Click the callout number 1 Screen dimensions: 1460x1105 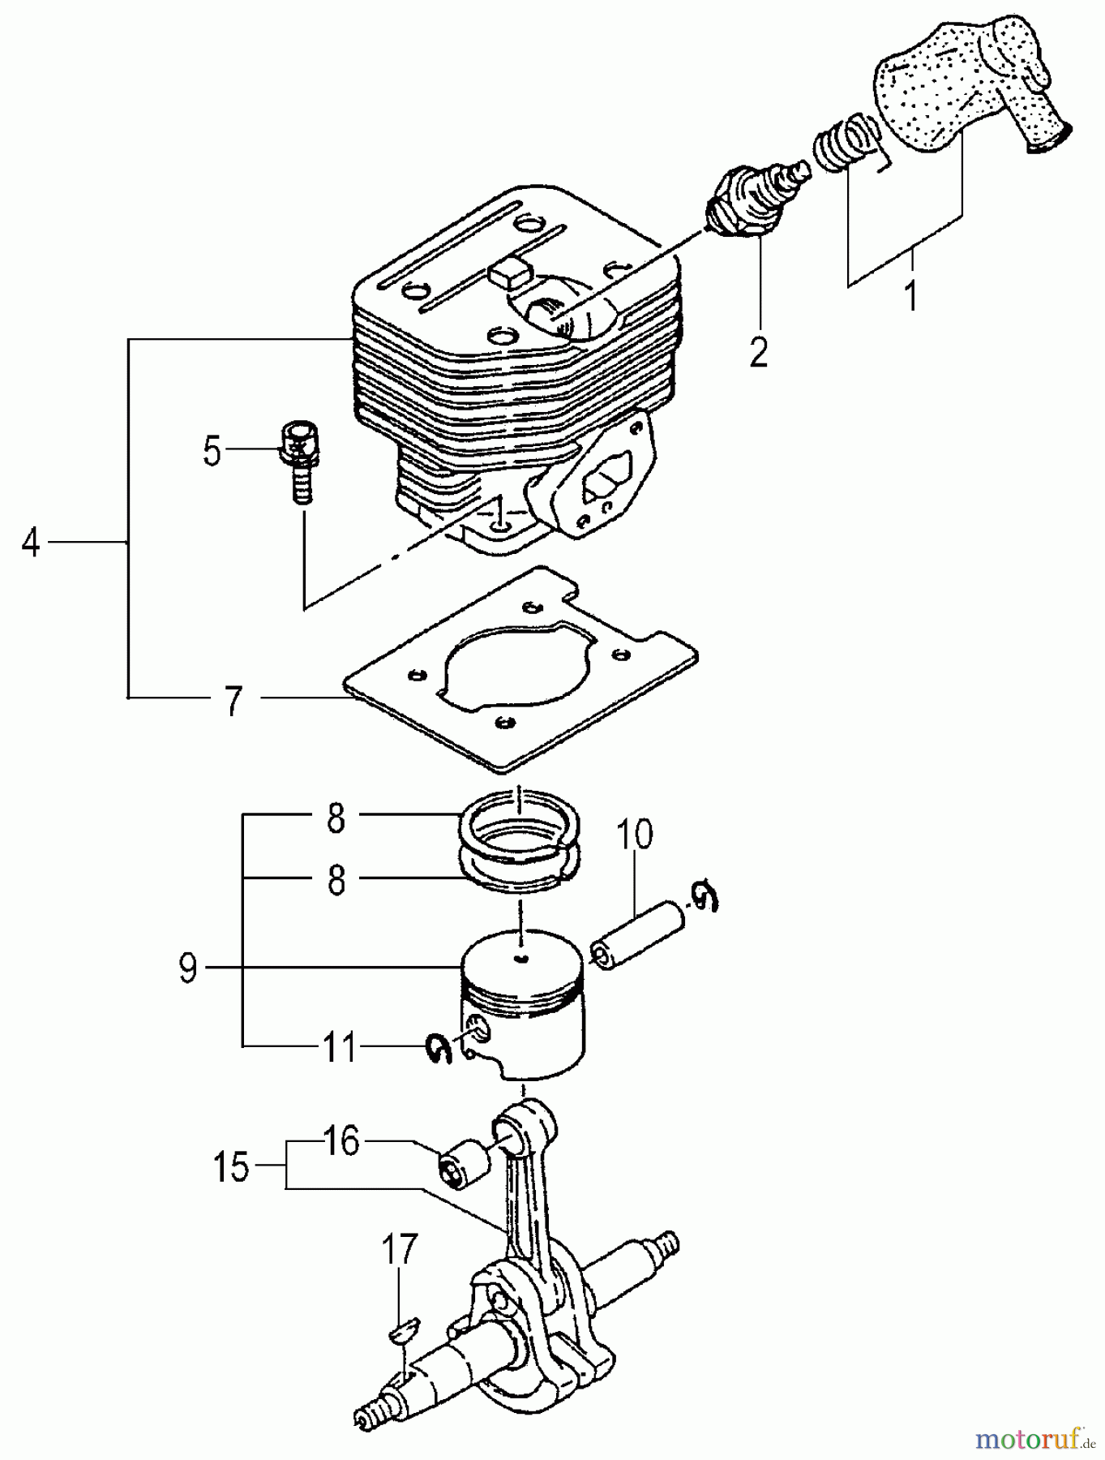click(911, 296)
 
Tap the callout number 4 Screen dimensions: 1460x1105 click(30, 542)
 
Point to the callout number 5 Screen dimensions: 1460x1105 click(212, 451)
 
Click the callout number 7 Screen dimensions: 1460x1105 click(233, 700)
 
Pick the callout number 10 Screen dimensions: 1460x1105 click(637, 835)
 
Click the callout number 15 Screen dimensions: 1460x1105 click(232, 1167)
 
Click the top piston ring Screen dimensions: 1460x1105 click(517, 826)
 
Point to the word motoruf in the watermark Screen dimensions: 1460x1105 click(1026, 1440)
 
